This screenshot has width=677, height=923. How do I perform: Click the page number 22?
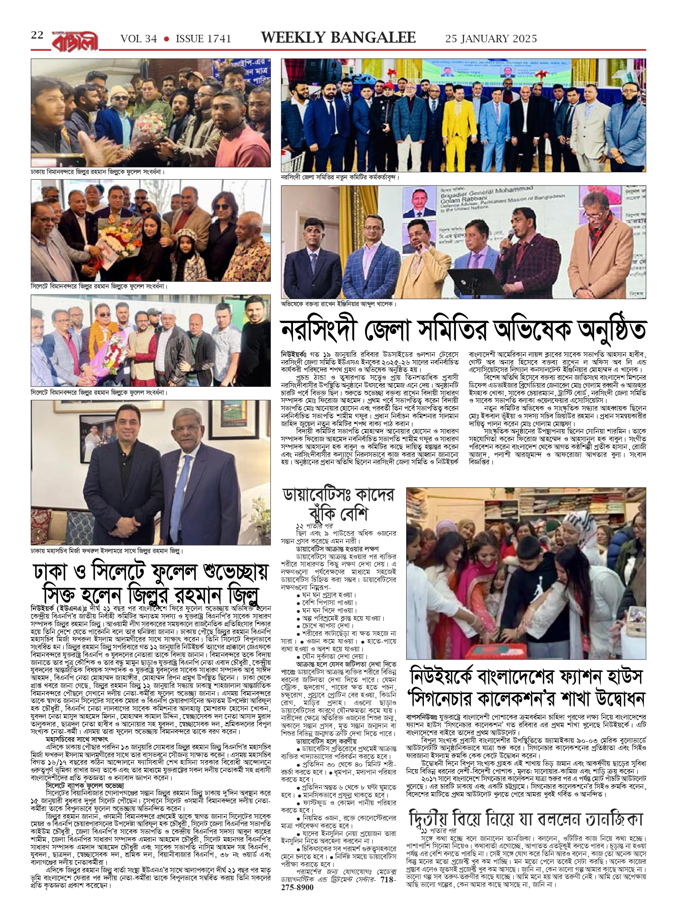coord(37,36)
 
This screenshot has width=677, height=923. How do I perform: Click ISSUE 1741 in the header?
coord(204,39)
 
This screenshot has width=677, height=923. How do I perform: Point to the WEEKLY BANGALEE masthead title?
coord(338,38)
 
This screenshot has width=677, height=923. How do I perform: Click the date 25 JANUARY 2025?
coord(491,39)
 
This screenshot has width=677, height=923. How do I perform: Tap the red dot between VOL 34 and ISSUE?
coord(167,39)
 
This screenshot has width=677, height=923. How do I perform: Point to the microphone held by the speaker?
coord(510,236)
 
